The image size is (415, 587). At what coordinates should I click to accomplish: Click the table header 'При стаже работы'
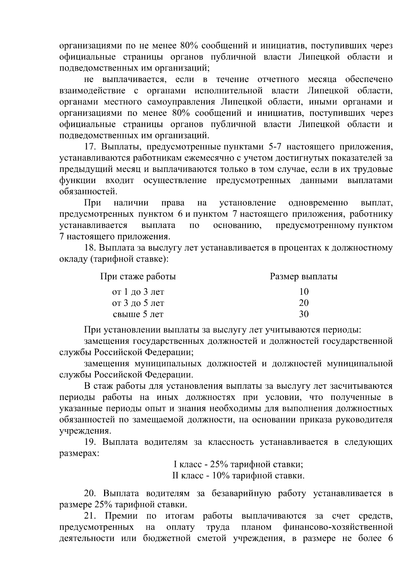[138, 277]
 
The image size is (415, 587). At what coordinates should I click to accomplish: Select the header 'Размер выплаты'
[303, 277]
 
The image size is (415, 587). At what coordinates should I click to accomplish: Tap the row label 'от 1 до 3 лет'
[138, 292]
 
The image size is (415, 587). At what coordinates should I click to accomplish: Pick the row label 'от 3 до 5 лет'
[138, 303]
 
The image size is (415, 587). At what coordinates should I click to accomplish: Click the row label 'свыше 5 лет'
[138, 314]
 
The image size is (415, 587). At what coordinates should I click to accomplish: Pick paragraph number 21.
[91, 516]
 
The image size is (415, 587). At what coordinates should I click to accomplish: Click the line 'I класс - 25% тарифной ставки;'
[238, 464]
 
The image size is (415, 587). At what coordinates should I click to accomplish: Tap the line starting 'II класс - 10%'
[238, 476]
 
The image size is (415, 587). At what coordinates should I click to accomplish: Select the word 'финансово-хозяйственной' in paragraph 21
[338, 528]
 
